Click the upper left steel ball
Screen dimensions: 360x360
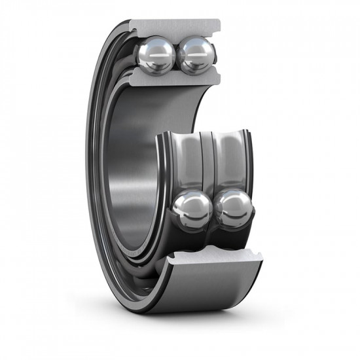tap(156, 56)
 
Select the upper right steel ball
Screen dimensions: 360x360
tap(194, 56)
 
